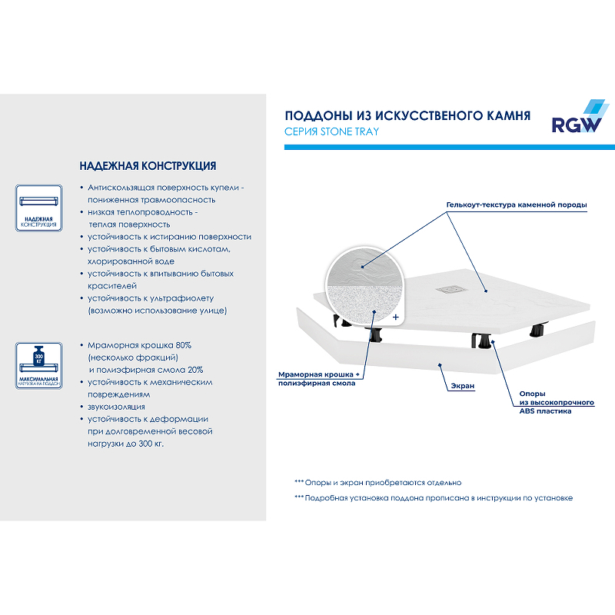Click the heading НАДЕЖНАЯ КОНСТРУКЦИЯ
[x=148, y=166]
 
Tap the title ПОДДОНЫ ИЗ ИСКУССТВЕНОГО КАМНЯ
[x=407, y=115]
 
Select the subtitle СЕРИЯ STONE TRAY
[x=331, y=131]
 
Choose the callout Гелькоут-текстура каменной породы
[x=517, y=205]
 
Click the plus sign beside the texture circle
[x=396, y=317]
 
